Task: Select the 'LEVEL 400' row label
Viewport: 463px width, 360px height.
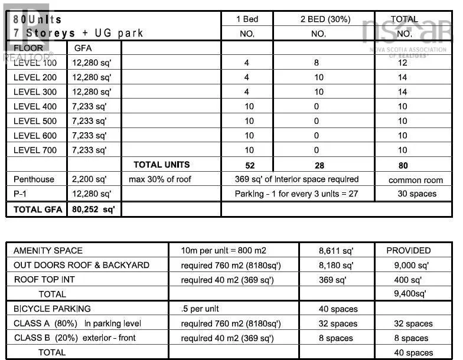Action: [35, 107]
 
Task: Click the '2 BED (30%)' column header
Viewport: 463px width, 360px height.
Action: [318, 19]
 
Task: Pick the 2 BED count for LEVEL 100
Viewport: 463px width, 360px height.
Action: [317, 63]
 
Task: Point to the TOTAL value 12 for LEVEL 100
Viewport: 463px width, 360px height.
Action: [403, 63]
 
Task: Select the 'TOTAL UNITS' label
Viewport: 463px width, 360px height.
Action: [162, 165]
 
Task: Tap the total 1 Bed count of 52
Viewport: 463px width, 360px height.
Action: [249, 166]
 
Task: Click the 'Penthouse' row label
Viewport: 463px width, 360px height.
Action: [34, 179]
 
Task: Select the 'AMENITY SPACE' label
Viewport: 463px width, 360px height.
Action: [48, 251]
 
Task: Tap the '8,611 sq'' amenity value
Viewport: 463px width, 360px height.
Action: [335, 251]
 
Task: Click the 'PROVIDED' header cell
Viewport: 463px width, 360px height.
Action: [409, 251]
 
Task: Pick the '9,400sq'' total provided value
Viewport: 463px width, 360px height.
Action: [410, 293]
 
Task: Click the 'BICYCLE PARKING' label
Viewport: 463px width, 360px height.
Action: [52, 309]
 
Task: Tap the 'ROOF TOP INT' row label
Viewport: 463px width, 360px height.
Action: [44, 280]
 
